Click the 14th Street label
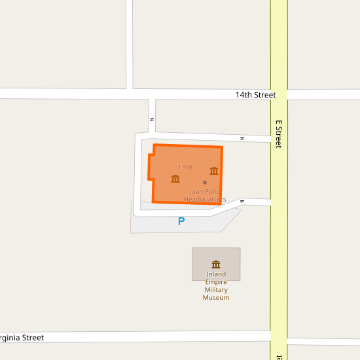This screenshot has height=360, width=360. click(x=256, y=95)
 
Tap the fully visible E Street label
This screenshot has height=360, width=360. click(x=278, y=134)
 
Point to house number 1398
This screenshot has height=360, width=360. click(x=185, y=168)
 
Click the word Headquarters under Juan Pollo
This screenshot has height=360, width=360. click(x=205, y=199)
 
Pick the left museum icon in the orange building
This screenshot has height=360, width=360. click(x=175, y=179)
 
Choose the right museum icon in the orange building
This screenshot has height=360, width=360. click(x=214, y=171)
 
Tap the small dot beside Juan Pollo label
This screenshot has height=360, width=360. click(x=205, y=183)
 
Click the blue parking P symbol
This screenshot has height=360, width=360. click(x=181, y=222)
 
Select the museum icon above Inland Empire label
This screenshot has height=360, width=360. click(x=216, y=264)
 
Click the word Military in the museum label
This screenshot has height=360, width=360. click(x=216, y=290)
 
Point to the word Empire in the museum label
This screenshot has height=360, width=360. click(x=216, y=282)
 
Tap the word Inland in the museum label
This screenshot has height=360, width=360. click(x=216, y=274)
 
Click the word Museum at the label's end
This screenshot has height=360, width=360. click(x=216, y=298)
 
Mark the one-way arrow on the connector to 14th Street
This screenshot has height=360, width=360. click(x=152, y=119)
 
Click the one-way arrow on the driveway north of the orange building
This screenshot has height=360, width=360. click(x=242, y=138)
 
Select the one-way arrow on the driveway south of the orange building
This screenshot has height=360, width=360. click(x=242, y=201)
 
